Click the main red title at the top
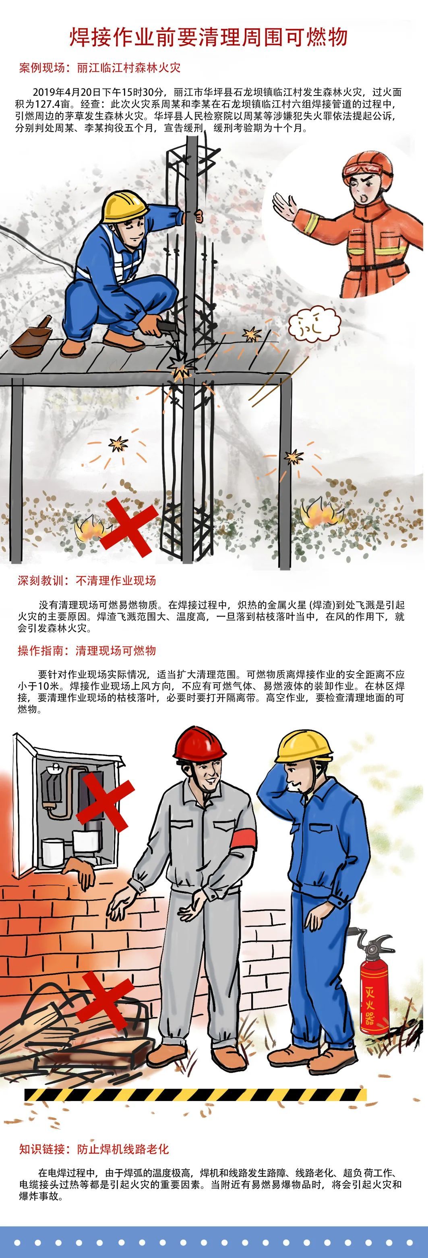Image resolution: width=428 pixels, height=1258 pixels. point(209,37)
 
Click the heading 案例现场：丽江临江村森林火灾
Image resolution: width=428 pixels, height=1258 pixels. point(100,67)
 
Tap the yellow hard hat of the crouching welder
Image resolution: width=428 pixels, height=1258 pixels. point(124,206)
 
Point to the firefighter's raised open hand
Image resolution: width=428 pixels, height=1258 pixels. point(285,205)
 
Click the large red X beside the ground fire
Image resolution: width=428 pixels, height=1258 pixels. point(130,528)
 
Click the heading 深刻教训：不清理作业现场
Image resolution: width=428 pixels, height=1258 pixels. point(87,581)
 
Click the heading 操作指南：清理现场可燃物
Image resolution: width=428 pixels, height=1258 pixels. point(87,650)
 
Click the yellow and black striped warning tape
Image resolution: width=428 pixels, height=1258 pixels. point(195,1104)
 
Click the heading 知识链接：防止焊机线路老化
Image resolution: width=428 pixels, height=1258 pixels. point(94,1149)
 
